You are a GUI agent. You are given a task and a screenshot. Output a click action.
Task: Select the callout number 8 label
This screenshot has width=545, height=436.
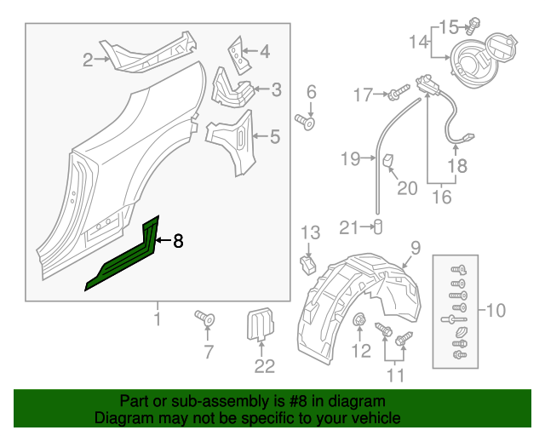(x=178, y=242)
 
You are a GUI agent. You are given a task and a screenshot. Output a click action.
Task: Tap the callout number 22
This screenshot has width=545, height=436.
(x=265, y=366)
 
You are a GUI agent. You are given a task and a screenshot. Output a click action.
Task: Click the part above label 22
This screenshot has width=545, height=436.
(x=259, y=327)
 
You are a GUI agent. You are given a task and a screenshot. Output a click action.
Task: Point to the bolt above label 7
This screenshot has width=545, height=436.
(x=204, y=318)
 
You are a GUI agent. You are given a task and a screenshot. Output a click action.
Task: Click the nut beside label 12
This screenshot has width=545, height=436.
(x=359, y=321)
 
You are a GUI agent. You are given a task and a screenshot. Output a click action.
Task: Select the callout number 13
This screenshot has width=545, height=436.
(x=310, y=232)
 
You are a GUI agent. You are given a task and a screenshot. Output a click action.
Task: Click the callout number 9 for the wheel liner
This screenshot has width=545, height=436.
(x=416, y=248)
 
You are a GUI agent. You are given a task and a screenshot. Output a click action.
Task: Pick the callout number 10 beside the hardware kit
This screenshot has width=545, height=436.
(x=495, y=310)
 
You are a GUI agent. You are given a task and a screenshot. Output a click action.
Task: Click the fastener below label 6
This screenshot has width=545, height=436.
(x=307, y=122)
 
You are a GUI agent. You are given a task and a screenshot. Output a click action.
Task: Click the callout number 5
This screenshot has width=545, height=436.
(x=275, y=135)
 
